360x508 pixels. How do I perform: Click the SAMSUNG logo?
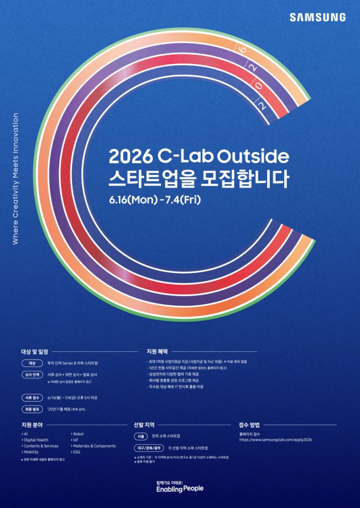[318, 17]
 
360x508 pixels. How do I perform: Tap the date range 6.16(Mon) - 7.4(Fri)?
[154, 199]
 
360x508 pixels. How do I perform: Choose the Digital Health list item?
[36, 440]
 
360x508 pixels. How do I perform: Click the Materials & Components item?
[94, 446]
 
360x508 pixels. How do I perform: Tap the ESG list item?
[76, 452]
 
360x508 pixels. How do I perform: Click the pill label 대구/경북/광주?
[148, 448]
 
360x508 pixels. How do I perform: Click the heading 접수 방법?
[249, 425]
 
